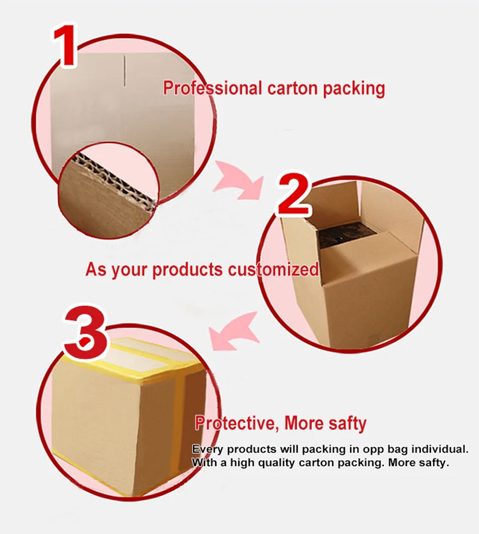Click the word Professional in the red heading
point(213,89)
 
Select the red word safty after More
point(347,423)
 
